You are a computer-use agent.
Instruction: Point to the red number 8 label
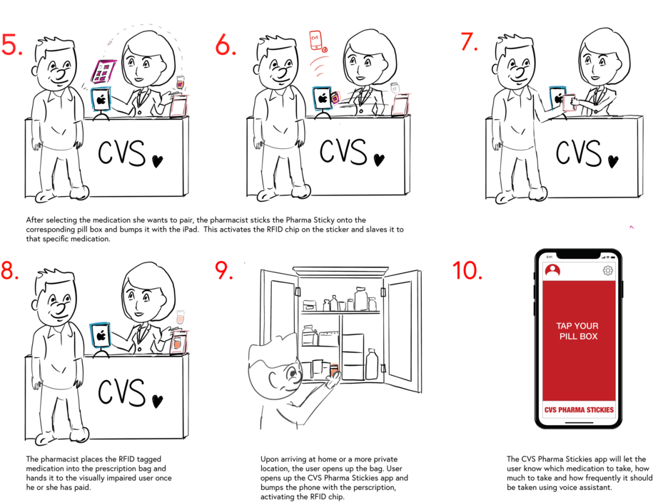[x=9, y=271]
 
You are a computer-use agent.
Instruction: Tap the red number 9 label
[x=224, y=270]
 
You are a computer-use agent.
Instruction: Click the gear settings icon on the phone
[x=608, y=270]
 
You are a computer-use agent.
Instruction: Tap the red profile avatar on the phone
[x=552, y=270]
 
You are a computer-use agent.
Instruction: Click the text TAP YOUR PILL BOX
[x=578, y=331]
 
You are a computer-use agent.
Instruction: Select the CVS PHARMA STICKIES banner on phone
[x=579, y=410]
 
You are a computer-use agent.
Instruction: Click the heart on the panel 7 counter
[x=612, y=162]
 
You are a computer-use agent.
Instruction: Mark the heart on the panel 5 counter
[x=157, y=162]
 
